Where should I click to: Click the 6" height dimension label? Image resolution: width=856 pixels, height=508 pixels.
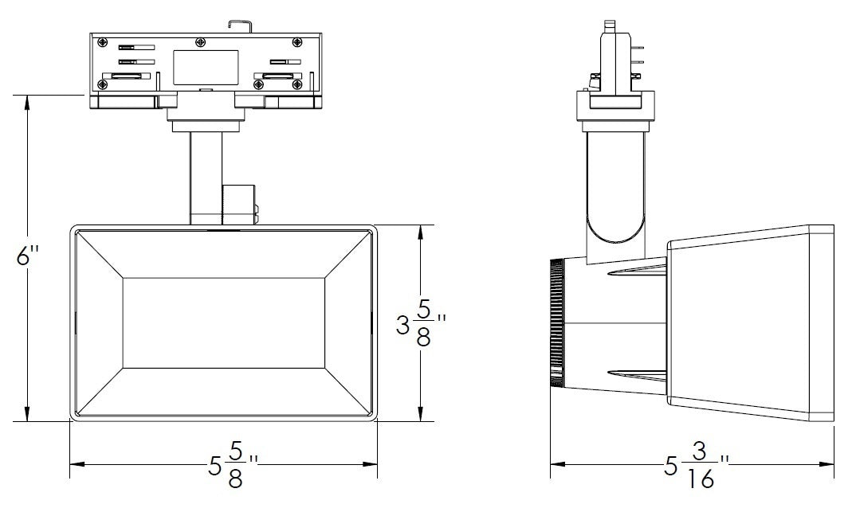[28, 257]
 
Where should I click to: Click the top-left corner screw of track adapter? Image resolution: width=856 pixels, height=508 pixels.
[101, 41]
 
